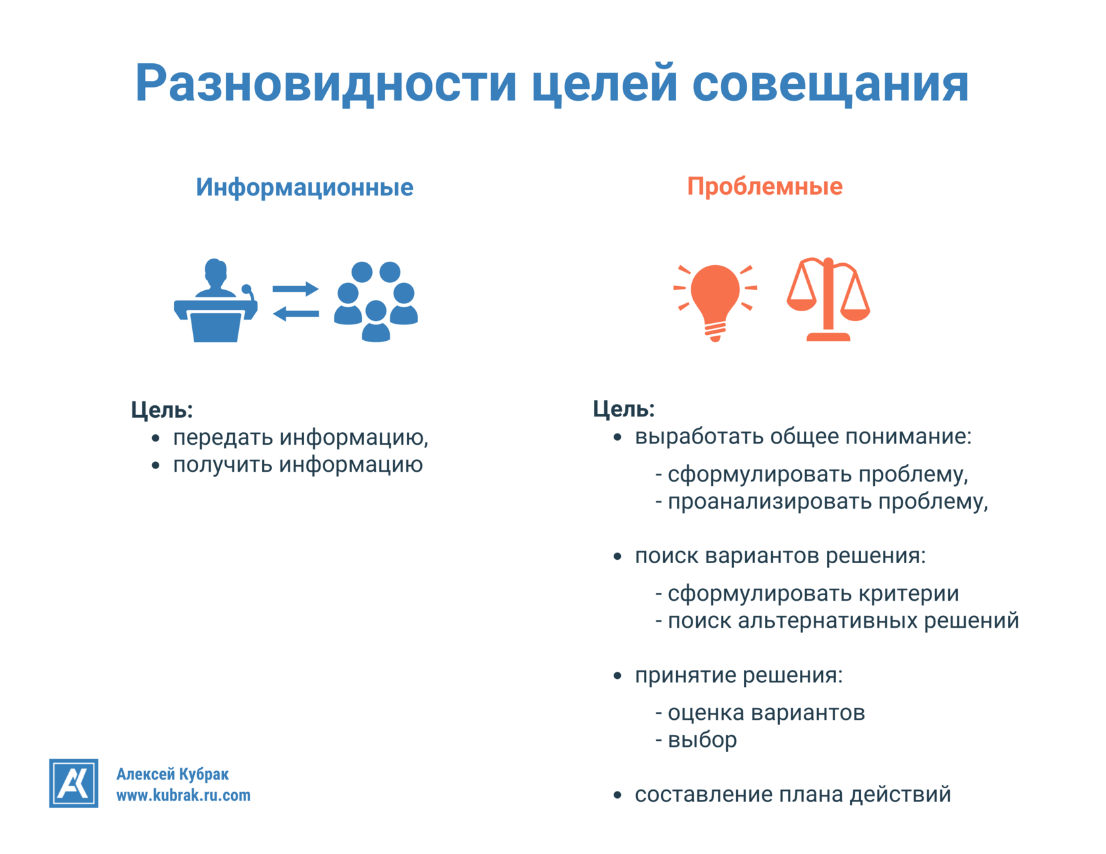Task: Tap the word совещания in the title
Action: coord(830,84)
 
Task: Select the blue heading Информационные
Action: coord(304,188)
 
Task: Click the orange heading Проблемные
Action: coord(764,186)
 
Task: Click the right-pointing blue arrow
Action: coord(295,288)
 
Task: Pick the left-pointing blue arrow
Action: coord(296,314)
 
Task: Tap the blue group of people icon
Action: coord(376,301)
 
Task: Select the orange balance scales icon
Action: coord(828,299)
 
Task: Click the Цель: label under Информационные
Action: coord(162,410)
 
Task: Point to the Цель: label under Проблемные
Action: coord(623,409)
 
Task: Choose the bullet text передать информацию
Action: coord(300,438)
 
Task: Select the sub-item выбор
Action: coord(702,740)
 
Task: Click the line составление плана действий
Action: coord(793,795)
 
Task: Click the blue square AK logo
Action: coord(74,783)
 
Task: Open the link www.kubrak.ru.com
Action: coord(183,795)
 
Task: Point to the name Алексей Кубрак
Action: coord(172,774)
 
